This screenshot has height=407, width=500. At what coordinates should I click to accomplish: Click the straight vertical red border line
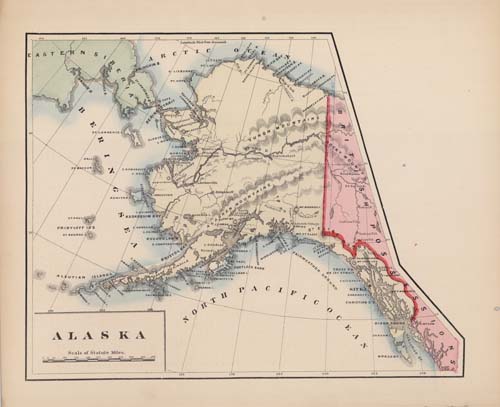point(329,170)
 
